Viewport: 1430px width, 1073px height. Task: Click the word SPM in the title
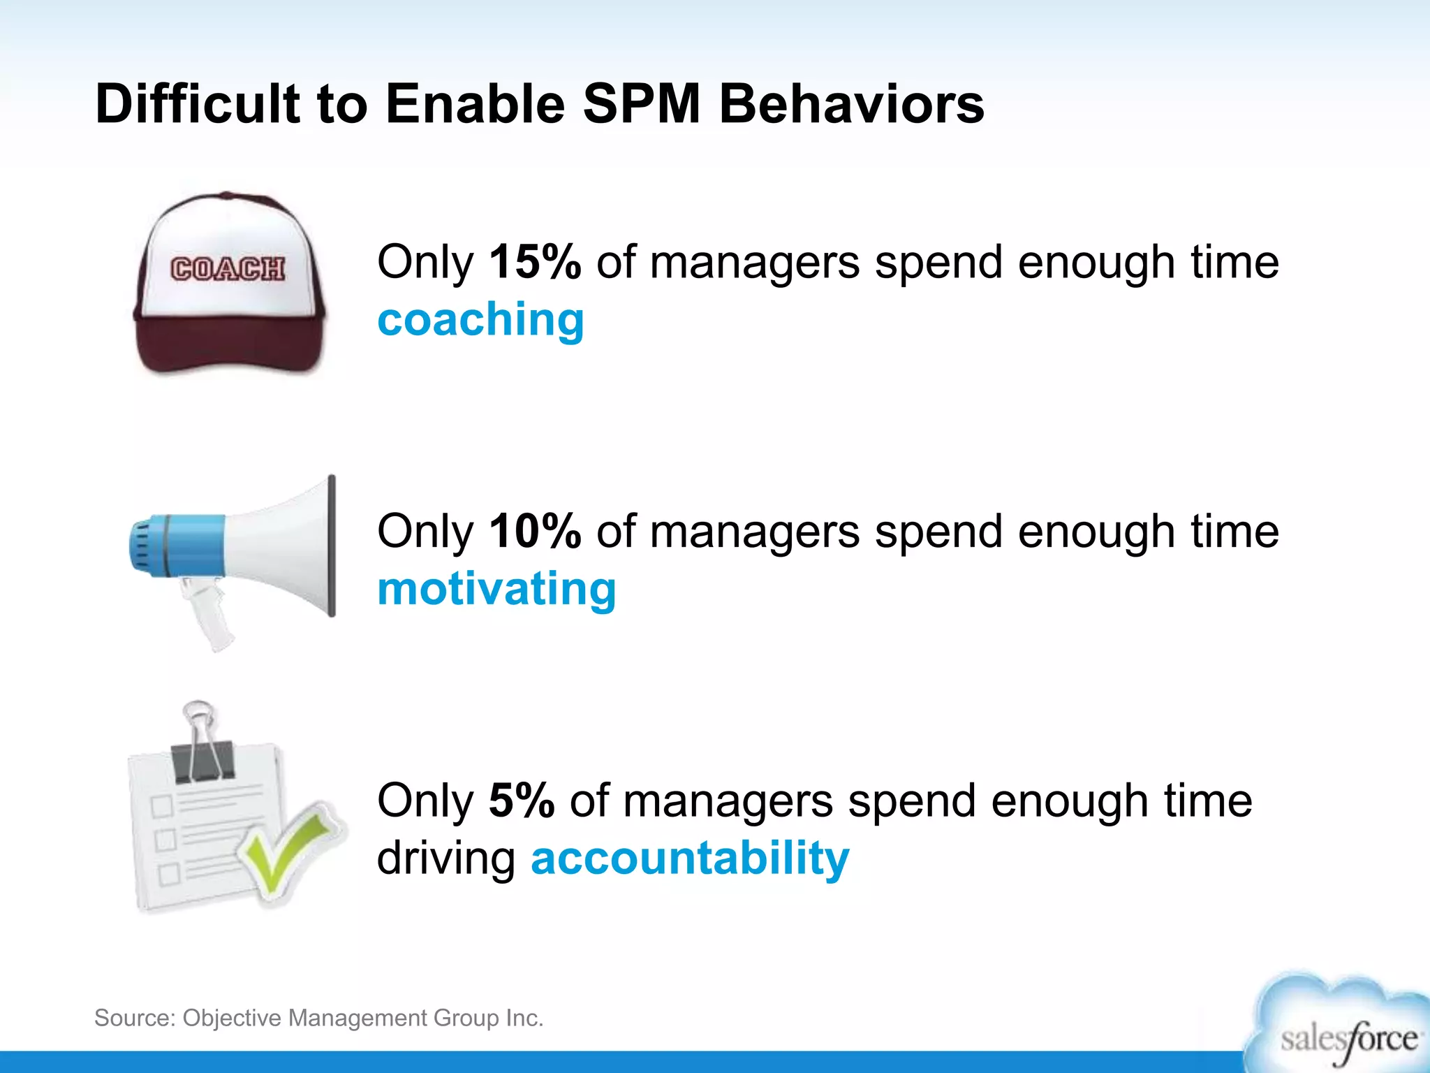(641, 105)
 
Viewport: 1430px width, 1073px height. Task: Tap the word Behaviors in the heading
(851, 105)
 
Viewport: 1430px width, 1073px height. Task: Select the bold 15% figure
(535, 263)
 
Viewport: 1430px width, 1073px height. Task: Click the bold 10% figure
(535, 532)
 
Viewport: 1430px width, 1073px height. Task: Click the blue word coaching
(480, 320)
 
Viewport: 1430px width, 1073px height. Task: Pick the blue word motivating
(496, 589)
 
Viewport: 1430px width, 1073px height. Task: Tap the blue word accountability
(690, 858)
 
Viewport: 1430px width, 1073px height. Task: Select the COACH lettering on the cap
(228, 269)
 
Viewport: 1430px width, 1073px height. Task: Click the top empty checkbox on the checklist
(162, 805)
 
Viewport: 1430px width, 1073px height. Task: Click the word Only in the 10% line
(425, 532)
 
